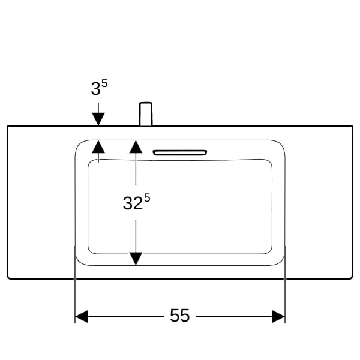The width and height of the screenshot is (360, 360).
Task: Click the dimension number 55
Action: point(180,316)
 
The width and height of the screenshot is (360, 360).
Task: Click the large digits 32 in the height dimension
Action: point(133,203)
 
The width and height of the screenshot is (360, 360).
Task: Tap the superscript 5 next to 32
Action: point(147,197)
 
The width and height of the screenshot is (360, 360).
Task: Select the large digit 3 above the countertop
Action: point(95,89)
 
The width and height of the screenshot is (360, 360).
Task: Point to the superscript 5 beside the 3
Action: point(104,83)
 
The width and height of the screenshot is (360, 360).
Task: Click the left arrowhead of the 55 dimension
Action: point(82,316)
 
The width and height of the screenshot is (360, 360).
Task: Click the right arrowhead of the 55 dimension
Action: point(278,316)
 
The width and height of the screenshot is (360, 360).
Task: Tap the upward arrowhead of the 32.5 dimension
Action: point(136,147)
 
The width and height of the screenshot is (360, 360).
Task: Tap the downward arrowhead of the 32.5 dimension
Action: point(136,259)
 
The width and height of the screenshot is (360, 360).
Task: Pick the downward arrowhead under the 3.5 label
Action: point(98,119)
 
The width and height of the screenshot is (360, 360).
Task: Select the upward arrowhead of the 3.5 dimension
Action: point(98,147)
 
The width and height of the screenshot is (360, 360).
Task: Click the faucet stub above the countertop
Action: point(146,114)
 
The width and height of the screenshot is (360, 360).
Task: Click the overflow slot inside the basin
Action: point(180,152)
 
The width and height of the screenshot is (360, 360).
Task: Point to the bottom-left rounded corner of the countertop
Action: point(9,278)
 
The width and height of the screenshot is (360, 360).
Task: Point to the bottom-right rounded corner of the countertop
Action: point(351,278)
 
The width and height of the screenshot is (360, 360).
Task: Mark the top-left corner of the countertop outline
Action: point(8,126)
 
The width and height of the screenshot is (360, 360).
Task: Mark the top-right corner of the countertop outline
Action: point(352,126)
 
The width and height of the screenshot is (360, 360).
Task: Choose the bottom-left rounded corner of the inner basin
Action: point(91,251)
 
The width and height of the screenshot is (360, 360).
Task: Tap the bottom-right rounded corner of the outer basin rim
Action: point(280,262)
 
